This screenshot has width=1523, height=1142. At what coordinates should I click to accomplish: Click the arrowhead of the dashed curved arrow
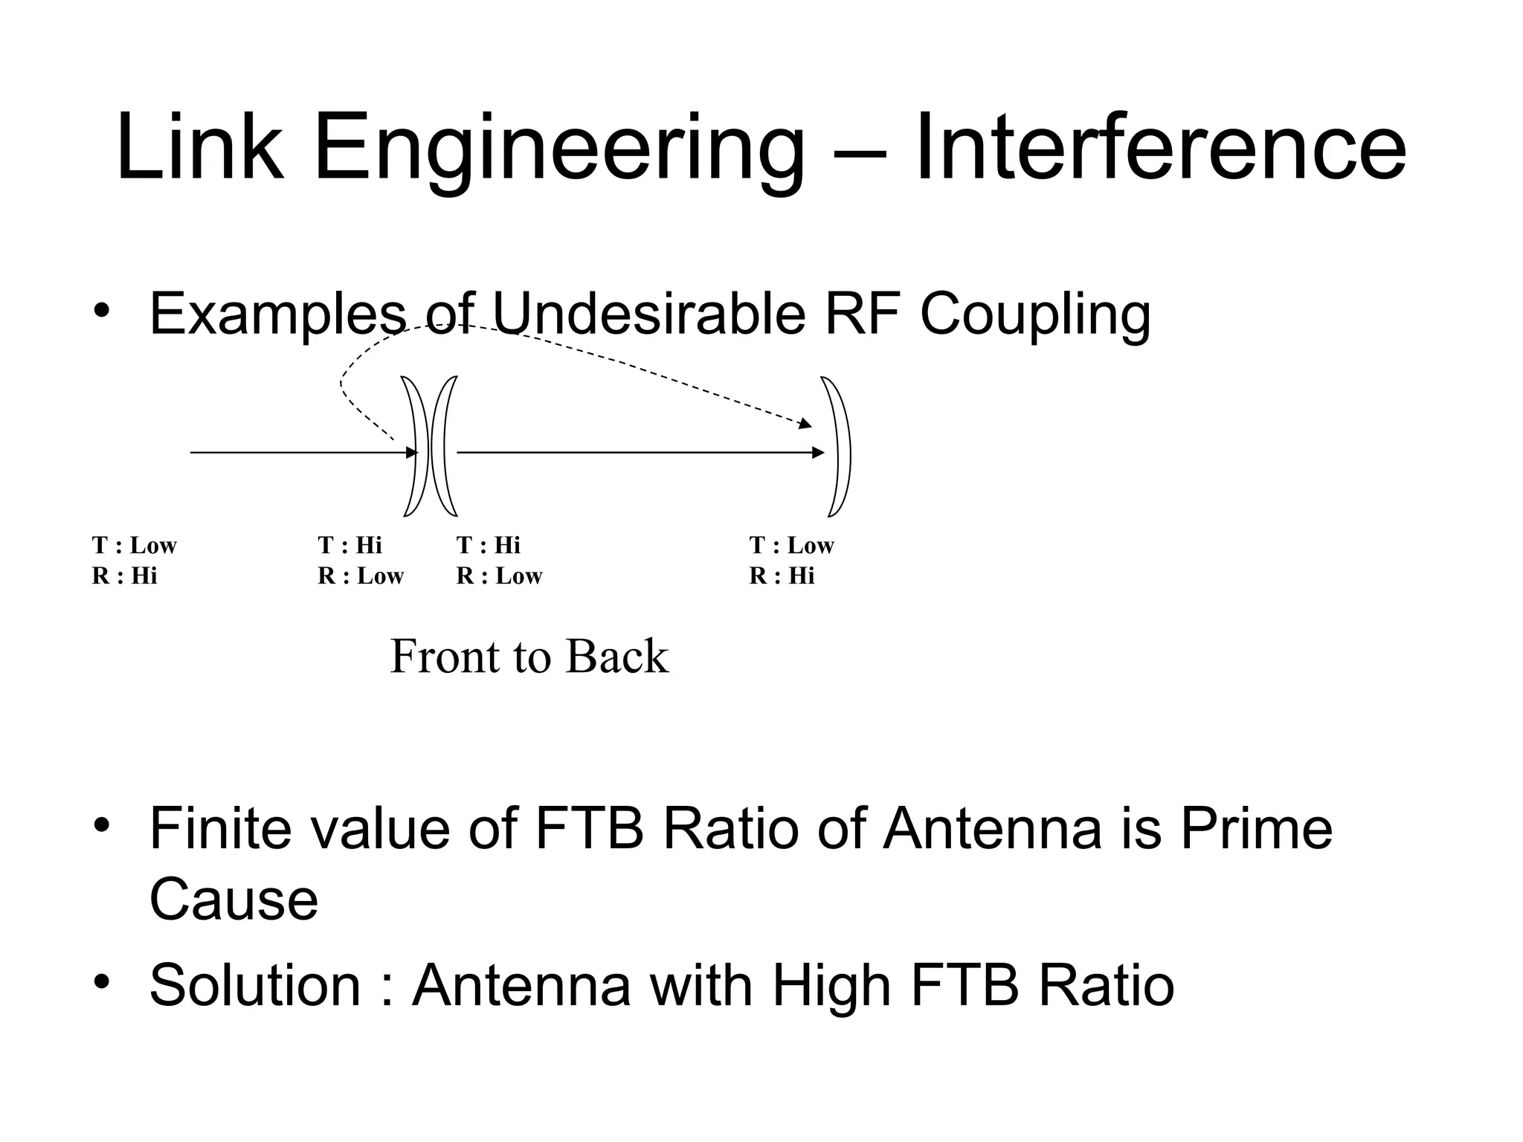pos(805,424)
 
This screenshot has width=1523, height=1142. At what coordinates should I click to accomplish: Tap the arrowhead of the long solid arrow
pos(819,452)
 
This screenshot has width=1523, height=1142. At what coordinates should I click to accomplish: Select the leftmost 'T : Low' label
pos(134,546)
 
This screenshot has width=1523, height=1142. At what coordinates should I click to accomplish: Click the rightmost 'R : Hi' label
pos(782,576)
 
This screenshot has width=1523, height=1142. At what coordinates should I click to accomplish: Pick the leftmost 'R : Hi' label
pos(124,576)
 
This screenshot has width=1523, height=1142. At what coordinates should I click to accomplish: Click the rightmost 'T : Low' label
pos(791,546)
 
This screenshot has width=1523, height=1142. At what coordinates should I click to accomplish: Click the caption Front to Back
pos(529,657)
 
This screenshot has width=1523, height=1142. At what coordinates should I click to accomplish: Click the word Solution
pos(254,986)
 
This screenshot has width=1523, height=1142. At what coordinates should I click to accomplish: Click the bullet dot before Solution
pos(102,982)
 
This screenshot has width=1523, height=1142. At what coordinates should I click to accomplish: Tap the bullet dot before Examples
pos(102,310)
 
